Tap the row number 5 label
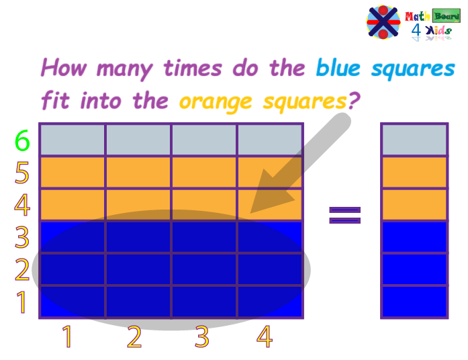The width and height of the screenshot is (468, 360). click(22, 174)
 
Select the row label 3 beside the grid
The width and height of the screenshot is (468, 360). click(22, 238)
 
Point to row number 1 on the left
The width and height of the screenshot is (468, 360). click(22, 302)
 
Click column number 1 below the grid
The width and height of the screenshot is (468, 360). click(67, 336)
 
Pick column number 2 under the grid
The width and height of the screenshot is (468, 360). click(134, 336)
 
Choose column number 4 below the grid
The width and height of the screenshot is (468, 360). click(265, 336)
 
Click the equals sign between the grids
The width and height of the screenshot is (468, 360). click(344, 214)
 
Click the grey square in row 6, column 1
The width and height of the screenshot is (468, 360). click(73, 140)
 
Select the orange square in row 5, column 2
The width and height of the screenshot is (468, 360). click(138, 173)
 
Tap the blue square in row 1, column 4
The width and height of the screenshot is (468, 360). click(270, 302)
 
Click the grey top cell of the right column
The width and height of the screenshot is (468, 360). click(414, 140)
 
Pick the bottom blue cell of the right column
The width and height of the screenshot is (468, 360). click(414, 302)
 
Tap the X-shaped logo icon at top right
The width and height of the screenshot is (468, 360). click(383, 22)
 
